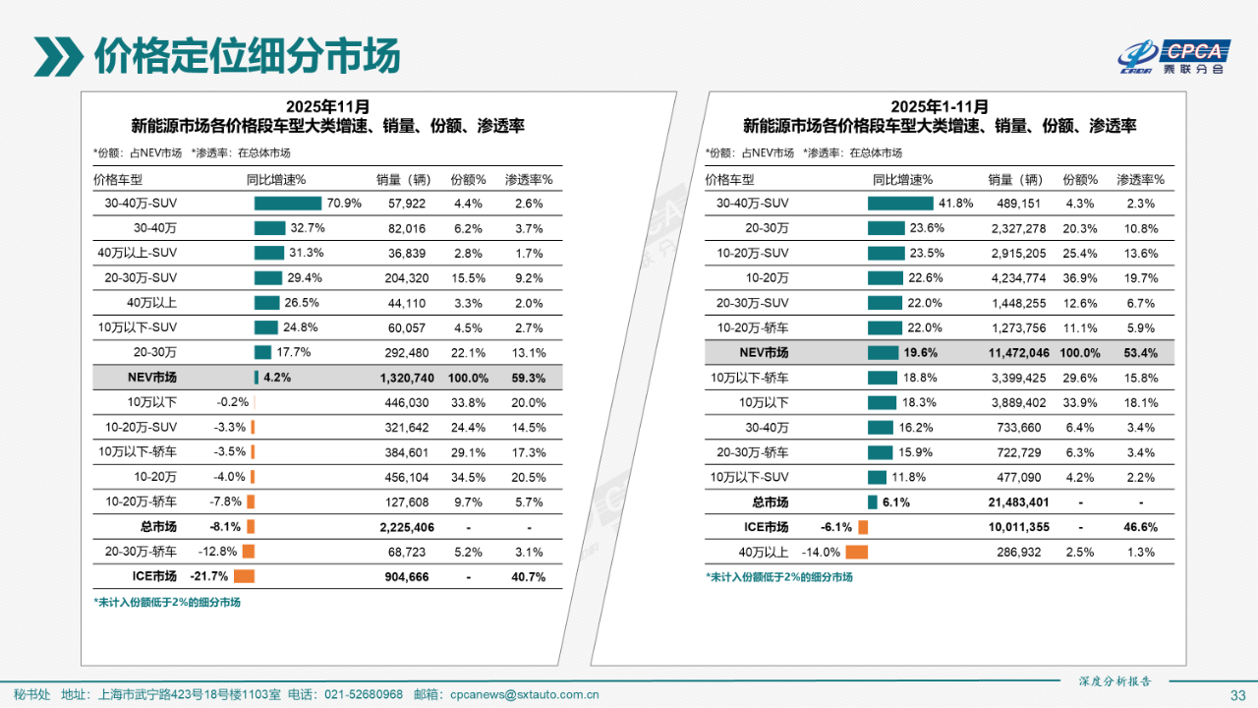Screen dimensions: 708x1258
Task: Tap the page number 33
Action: [1237, 695]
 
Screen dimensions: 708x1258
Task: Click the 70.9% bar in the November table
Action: [287, 204]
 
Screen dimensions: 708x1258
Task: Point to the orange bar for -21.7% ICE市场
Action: [244, 577]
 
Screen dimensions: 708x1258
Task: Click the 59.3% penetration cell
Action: [529, 378]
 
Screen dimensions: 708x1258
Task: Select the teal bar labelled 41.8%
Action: [899, 204]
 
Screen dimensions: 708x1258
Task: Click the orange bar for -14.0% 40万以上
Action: [856, 553]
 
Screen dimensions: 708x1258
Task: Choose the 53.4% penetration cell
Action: [1140, 353]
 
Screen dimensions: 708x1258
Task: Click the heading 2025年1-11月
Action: [940, 106]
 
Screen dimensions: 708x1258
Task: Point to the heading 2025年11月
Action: [328, 106]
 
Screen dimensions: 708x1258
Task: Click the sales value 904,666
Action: [405, 577]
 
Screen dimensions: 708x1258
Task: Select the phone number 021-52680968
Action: [365, 694]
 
